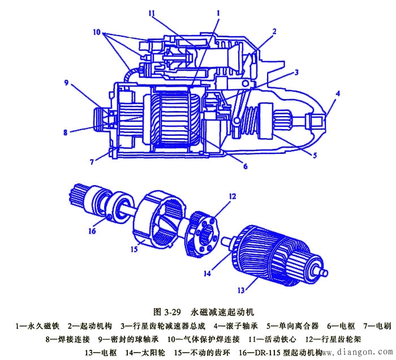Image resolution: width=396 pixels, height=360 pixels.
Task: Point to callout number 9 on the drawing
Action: (x=66, y=83)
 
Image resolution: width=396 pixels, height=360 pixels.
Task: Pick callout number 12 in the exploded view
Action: (x=233, y=196)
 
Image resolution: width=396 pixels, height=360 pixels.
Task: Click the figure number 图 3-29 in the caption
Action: (x=167, y=312)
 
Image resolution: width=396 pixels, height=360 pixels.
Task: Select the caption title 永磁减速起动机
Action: (x=223, y=312)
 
